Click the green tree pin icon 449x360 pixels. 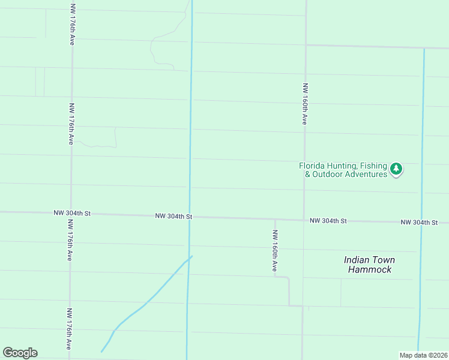pos(396,169)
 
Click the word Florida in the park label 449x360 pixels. pos(312,166)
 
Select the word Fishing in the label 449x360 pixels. pos(374,166)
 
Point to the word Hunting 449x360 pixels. pos(342,166)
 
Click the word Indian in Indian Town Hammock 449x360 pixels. pos(355,260)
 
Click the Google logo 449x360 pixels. pos(20,353)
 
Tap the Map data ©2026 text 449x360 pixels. pos(423,355)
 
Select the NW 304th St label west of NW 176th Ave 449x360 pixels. pos(71,212)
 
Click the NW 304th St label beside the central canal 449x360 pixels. pos(173,215)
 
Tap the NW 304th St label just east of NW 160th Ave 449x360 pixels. pos(328,221)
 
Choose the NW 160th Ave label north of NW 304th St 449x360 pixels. pos(305,104)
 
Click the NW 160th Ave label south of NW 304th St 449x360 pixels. pos(275,250)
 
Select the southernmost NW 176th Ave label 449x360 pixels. pos(69,329)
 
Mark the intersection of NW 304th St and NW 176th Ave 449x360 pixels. pos(71,213)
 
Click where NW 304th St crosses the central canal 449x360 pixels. pos(190,217)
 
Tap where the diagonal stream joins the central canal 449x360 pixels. pos(190,257)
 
